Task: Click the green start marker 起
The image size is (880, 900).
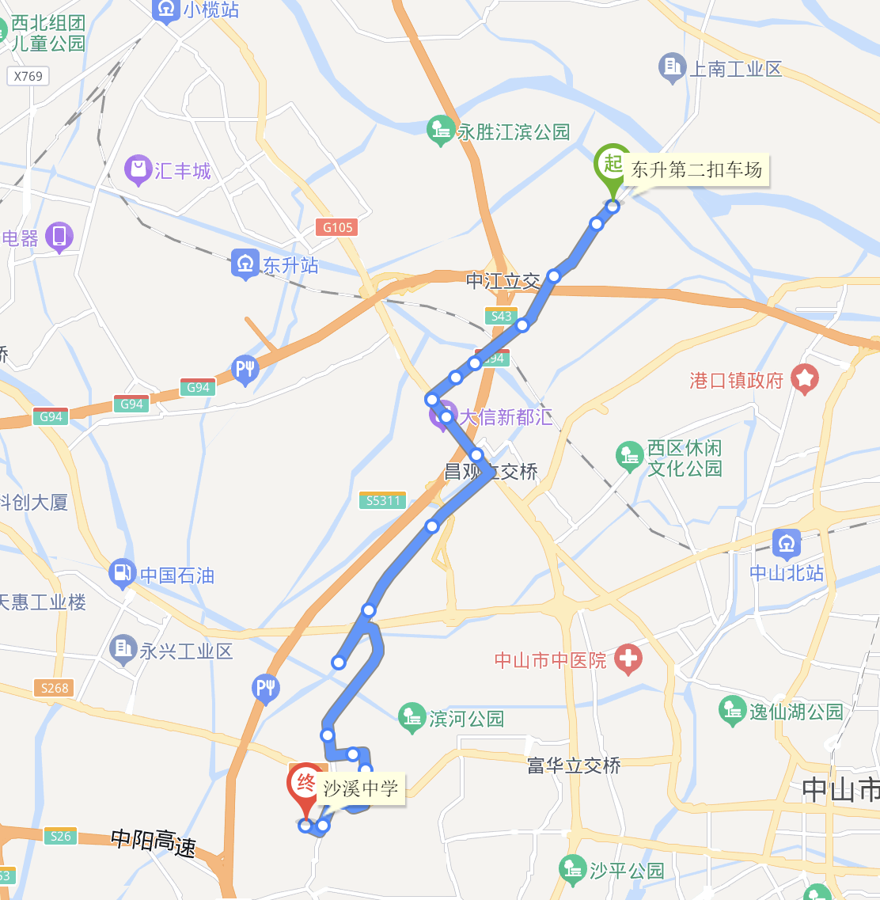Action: point(613,164)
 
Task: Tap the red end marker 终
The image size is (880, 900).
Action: point(305,784)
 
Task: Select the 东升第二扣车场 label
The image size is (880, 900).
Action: point(696,169)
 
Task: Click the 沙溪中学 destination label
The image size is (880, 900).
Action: point(361,788)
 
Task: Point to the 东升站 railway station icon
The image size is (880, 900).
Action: point(245,263)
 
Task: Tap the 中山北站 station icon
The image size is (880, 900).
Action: point(786,543)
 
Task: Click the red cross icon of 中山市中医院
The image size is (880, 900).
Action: point(628,658)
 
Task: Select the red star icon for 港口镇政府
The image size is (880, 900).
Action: point(805,379)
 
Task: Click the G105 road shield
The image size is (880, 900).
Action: point(338,227)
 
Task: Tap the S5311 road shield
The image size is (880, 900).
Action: point(383,500)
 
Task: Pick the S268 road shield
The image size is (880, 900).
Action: point(55,688)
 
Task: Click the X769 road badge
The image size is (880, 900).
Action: point(28,76)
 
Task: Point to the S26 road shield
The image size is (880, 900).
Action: point(60,836)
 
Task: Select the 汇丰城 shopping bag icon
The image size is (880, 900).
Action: point(138,169)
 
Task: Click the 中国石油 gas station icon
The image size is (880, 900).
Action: point(122,573)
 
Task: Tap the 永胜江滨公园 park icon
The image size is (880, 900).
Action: point(440,131)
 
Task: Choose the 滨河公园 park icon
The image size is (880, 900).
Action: point(412,717)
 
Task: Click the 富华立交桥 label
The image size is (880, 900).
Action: point(574,765)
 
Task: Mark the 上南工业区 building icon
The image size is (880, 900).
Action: point(672,68)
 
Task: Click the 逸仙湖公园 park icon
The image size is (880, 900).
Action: point(732,710)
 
